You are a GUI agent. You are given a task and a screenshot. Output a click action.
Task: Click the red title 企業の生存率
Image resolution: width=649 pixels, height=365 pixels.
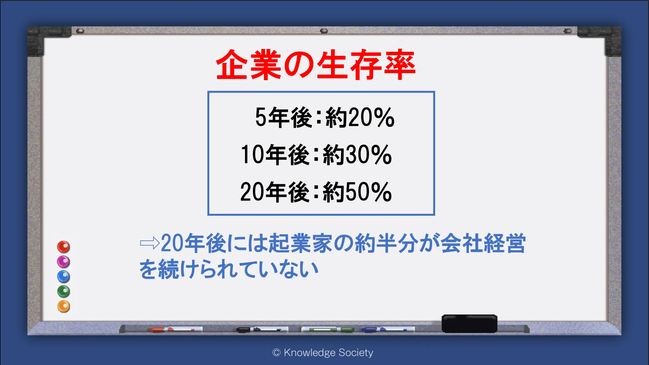click(316, 65)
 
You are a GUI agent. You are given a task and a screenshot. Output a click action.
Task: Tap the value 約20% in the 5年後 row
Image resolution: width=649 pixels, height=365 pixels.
click(360, 117)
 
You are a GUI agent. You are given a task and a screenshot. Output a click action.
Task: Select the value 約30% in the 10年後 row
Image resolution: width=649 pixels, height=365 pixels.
click(357, 154)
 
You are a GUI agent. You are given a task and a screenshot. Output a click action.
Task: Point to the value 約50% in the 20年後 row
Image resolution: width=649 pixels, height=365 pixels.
click(357, 192)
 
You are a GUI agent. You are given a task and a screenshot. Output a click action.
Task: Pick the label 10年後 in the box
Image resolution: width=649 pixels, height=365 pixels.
click(275, 154)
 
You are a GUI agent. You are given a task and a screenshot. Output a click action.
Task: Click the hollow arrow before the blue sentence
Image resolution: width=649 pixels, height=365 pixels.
click(150, 243)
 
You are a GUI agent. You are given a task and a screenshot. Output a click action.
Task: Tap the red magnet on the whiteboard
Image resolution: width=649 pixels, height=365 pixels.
click(64, 247)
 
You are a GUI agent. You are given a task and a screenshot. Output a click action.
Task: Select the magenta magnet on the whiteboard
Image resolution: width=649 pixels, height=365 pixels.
click(64, 262)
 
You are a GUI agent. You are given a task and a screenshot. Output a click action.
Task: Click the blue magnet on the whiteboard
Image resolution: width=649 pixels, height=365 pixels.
click(64, 276)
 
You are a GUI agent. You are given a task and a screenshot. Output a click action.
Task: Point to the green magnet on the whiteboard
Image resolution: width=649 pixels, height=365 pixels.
click(64, 291)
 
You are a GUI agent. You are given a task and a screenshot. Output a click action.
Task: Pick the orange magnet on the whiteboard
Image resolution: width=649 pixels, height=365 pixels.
click(64, 306)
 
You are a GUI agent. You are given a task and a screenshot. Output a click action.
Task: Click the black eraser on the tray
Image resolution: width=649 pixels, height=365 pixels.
click(470, 323)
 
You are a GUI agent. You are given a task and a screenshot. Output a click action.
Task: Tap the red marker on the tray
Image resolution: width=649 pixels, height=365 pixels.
click(176, 330)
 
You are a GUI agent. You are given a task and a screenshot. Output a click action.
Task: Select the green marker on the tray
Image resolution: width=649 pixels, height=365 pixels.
click(328, 330)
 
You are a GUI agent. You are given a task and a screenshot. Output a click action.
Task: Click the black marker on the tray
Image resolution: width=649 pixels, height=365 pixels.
click(262, 330)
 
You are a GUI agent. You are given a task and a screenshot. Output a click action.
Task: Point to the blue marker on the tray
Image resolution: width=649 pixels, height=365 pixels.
click(388, 330)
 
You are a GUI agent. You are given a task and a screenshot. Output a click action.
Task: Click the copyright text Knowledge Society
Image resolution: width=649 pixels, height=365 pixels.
click(328, 352)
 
